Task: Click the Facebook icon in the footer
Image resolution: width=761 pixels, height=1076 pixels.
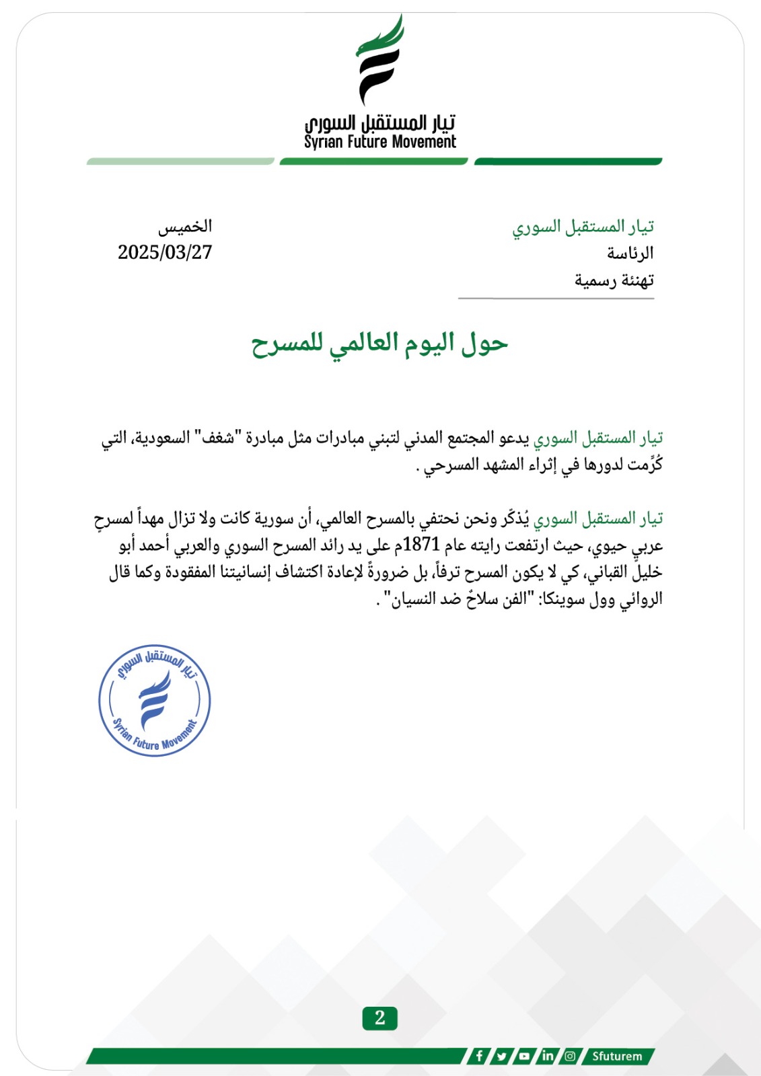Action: (479, 1056)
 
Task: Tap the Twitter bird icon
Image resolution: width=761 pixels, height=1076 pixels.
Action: (501, 1056)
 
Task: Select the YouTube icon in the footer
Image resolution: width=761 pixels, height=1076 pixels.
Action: (524, 1056)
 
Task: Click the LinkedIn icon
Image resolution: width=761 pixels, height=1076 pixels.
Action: (547, 1056)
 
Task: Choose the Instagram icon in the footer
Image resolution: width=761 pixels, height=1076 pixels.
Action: (570, 1056)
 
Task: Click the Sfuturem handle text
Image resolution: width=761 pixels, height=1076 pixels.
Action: (617, 1056)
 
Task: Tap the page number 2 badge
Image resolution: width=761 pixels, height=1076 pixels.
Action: (379, 1017)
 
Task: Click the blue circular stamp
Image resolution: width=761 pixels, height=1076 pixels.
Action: (155, 700)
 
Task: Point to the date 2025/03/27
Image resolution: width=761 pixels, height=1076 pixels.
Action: (165, 252)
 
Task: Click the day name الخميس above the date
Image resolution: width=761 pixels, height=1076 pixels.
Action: (185, 227)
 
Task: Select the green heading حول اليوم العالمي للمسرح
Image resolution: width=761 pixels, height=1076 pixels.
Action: (379, 344)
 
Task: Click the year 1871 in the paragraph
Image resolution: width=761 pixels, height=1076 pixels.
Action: (421, 544)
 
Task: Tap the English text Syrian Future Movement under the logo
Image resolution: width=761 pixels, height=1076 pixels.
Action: (379, 142)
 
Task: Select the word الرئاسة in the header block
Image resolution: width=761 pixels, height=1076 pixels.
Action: (630, 254)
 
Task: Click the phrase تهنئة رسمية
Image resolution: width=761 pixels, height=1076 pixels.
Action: (614, 280)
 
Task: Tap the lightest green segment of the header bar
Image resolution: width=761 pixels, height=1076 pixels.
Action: (180, 161)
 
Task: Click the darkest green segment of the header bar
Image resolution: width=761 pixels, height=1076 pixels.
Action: (569, 161)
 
